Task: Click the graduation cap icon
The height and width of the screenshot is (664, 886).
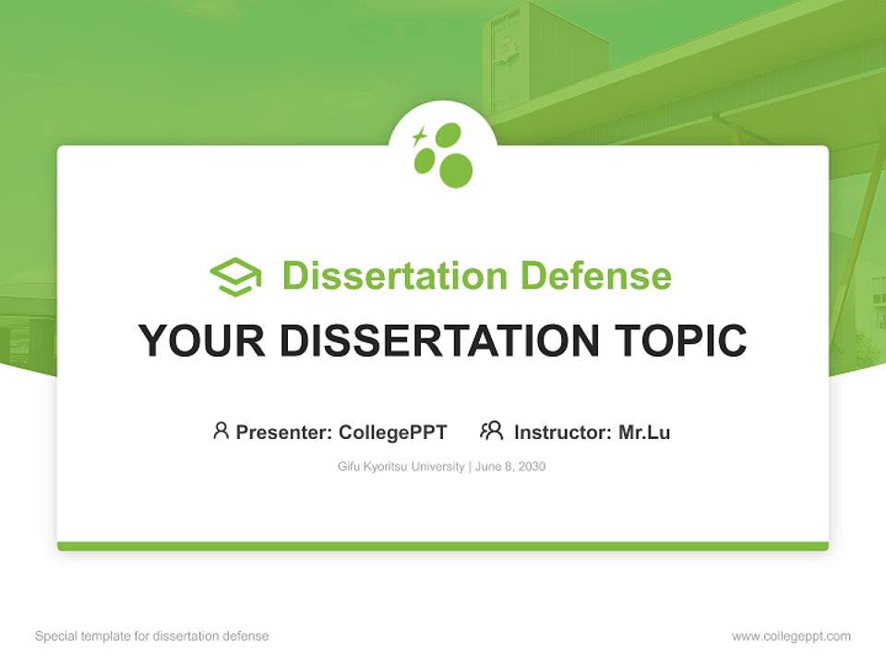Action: pos(235,276)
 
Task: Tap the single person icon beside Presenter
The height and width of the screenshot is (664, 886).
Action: pos(221,431)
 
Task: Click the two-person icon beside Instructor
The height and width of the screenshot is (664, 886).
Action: pos(492,431)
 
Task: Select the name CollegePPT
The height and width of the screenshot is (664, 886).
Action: pos(392,432)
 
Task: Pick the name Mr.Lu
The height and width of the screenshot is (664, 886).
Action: pos(644,432)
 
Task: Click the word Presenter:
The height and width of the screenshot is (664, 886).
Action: pos(283,432)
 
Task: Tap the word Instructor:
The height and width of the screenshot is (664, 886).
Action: pos(563,432)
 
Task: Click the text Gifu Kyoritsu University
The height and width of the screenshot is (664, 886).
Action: pos(401,467)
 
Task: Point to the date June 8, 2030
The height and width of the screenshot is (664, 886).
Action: pos(511,467)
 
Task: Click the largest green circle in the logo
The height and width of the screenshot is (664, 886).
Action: pos(456,170)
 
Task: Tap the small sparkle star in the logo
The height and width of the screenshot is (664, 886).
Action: pos(419,136)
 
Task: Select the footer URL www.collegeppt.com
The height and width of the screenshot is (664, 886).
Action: pos(791,636)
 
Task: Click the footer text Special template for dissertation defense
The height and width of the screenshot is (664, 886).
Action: pos(152,636)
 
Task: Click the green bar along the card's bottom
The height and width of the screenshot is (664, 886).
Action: pos(443,546)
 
